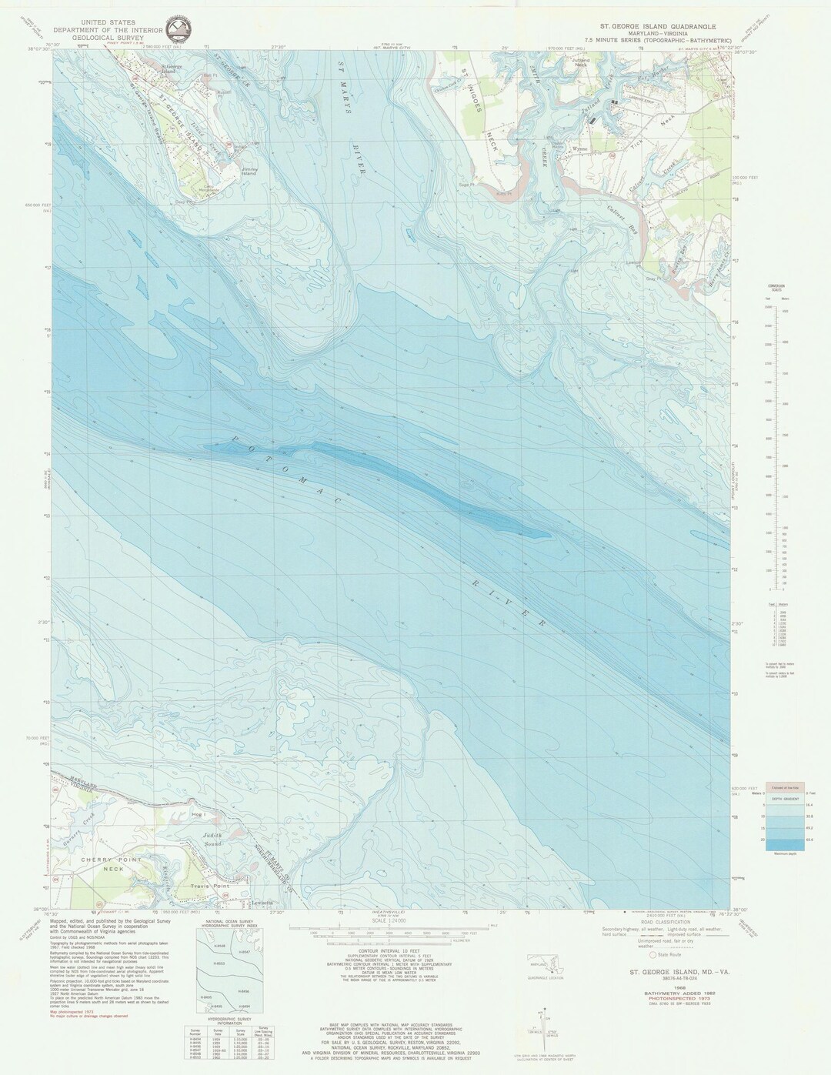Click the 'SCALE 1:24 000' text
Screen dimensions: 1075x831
pyautogui.click(x=390, y=921)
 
